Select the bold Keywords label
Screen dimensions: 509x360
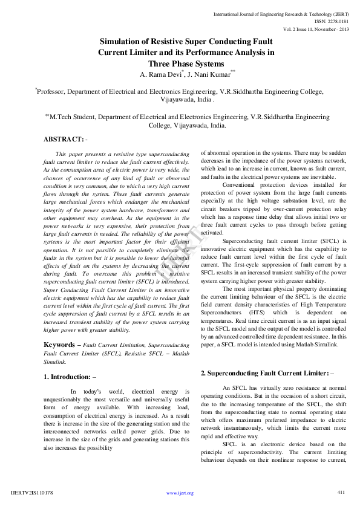(59, 345)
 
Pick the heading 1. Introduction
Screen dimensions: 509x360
(67, 377)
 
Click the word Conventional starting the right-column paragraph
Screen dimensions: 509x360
(243, 185)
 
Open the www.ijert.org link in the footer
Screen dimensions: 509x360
(180, 493)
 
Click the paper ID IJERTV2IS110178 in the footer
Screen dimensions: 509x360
(32, 493)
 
